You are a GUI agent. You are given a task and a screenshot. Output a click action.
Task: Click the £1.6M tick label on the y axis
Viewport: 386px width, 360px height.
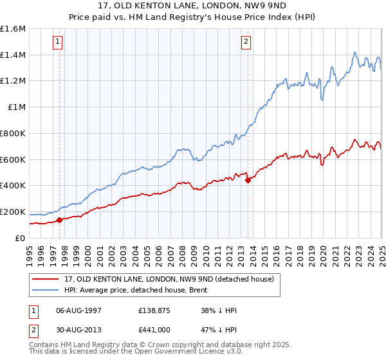[13, 29]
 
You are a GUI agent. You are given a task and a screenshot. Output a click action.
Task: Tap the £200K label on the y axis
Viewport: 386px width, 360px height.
[13, 212]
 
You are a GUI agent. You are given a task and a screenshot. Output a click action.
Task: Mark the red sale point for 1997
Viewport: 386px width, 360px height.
[60, 220]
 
